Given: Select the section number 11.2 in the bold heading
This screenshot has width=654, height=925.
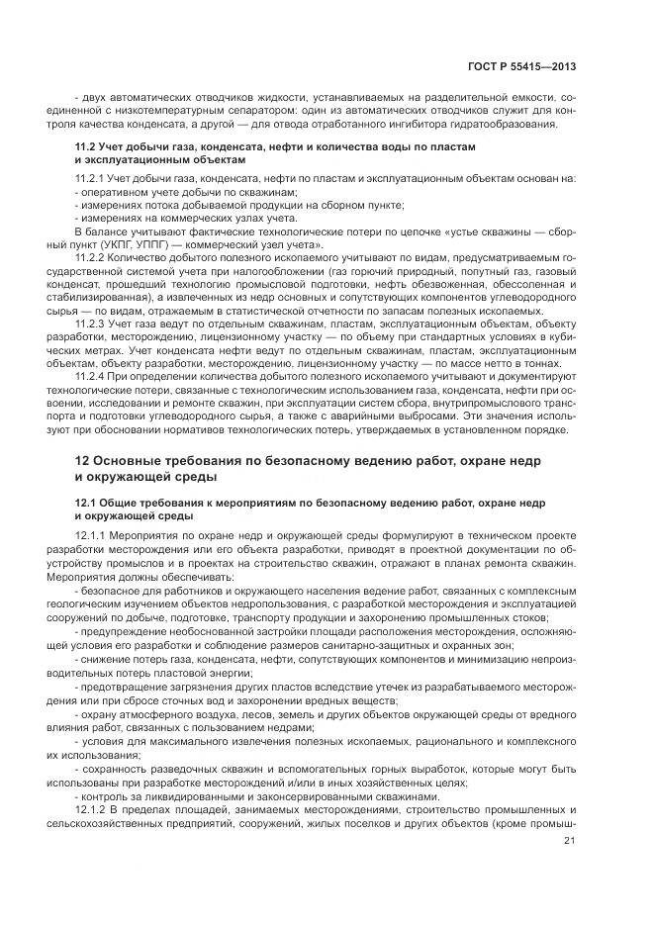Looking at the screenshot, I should pyautogui.click(x=86, y=146).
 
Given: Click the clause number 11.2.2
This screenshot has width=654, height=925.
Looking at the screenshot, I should pyautogui.click(x=93, y=256).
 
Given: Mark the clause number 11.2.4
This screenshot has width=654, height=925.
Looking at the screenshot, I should pyautogui.click(x=93, y=376).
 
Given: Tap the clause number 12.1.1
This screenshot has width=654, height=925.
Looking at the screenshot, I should pyautogui.click(x=93, y=534).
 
